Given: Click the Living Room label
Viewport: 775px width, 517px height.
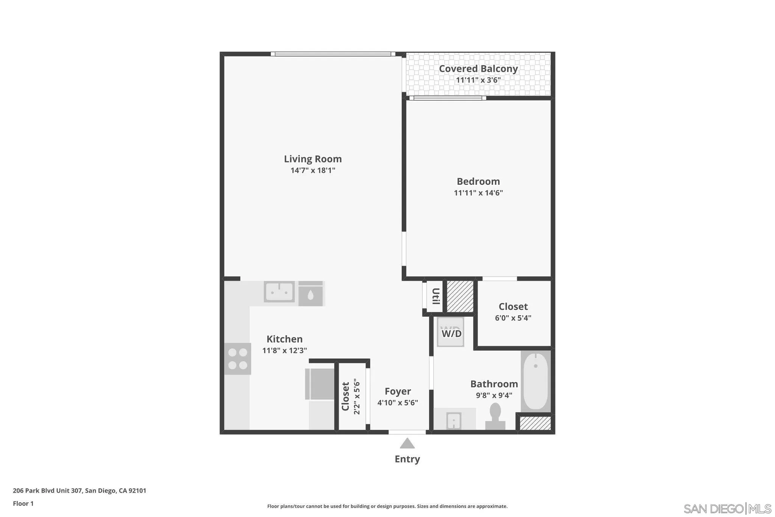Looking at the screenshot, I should pos(313,159).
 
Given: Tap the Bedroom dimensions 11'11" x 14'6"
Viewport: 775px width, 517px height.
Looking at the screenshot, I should pos(478,193).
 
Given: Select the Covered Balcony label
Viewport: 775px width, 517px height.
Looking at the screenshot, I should pos(478,69).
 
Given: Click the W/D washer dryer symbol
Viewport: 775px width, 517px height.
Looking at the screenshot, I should pos(451,333).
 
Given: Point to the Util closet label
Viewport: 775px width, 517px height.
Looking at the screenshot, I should pos(436,296).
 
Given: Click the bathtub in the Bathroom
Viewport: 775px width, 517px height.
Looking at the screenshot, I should pos(535,381).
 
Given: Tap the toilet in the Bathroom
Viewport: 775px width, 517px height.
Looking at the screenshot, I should pos(495,416).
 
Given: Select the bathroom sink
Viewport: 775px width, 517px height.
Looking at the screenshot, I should pos(453,420).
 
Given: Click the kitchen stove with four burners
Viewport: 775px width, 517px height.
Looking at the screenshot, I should pos(238,359).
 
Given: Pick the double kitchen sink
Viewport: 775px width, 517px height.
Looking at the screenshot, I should pos(279,292).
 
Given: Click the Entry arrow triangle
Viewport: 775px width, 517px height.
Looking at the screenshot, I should pos(407,444).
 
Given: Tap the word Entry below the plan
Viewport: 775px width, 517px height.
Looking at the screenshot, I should pos(407,459).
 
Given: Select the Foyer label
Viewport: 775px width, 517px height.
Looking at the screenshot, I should pos(398,391).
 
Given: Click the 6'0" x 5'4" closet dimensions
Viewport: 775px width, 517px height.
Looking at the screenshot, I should pos(513,318).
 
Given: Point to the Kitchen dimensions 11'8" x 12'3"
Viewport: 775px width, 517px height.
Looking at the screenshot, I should pos(285,351).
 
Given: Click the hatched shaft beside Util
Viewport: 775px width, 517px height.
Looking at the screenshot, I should pos(460,296).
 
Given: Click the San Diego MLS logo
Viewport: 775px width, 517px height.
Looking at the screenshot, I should pos(727,508).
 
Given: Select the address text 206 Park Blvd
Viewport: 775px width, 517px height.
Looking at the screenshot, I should pos(79,491).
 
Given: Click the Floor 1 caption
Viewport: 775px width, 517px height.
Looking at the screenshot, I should pos(23,504).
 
